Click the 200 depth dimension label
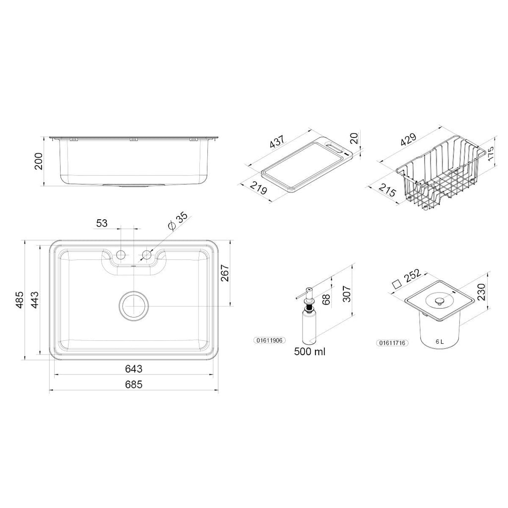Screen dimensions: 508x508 (x=39, y=161)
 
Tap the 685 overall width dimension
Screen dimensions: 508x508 (x=133, y=384)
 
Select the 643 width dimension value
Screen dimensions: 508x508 (x=133, y=369)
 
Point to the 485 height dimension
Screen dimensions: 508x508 (x=19, y=300)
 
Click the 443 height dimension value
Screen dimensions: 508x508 (x=35, y=300)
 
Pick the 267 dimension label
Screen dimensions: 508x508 (x=225, y=273)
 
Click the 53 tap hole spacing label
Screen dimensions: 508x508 (x=102, y=223)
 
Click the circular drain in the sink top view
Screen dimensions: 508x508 (x=133, y=306)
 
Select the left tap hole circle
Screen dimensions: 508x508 (x=121, y=254)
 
